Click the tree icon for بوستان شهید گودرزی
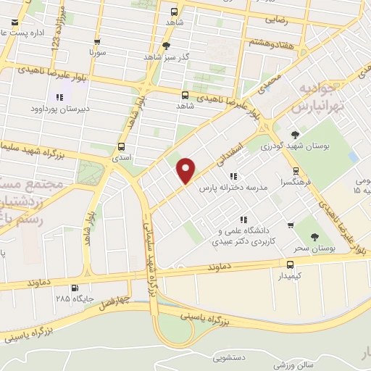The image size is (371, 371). [295, 135]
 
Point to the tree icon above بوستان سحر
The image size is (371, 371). [314, 237]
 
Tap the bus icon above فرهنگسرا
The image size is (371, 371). [295, 172]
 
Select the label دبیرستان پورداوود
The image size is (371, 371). [58, 109]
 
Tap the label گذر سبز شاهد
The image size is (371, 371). [165, 57]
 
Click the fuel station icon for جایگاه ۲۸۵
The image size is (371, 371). [77, 288]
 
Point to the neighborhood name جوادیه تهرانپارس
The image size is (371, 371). [317, 97]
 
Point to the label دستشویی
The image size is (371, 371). [230, 357]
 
